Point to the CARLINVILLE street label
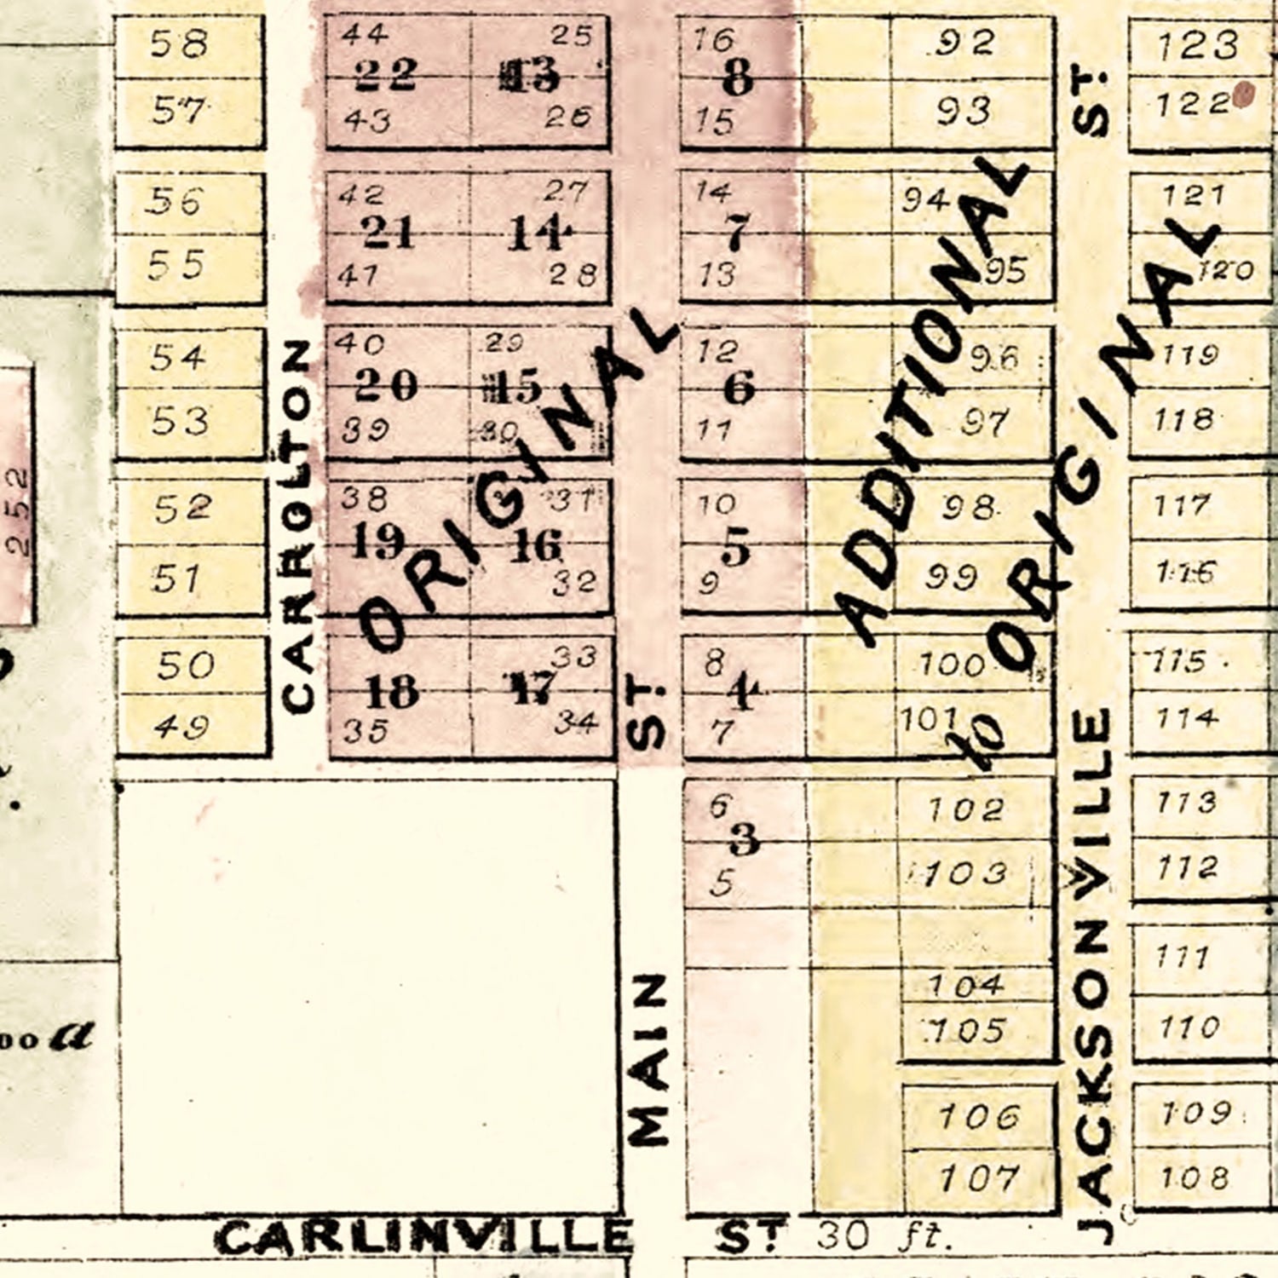point(423,1237)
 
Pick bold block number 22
point(386,75)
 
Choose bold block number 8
point(738,78)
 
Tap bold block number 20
point(386,385)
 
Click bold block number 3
point(744,840)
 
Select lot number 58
point(179,43)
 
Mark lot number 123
point(1197,44)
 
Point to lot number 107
point(979,1179)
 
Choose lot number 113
point(1187,802)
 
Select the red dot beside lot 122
point(1244,95)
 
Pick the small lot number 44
point(364,33)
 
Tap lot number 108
point(1194,1177)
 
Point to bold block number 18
point(392,692)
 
